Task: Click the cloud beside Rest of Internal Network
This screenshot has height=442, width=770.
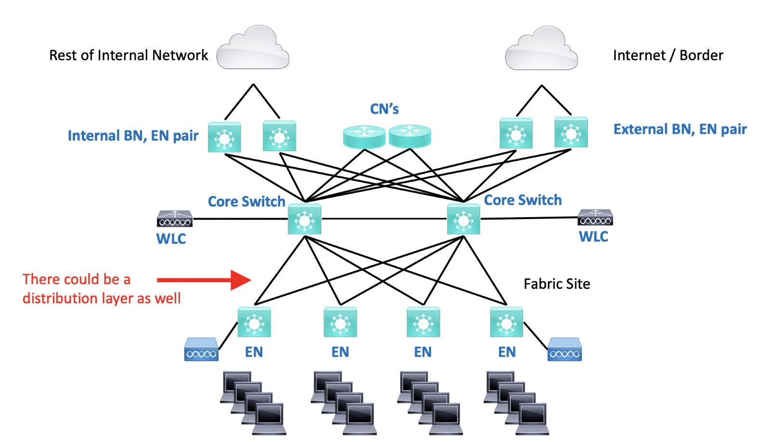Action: click(x=253, y=48)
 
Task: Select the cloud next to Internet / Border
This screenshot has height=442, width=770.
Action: click(x=541, y=49)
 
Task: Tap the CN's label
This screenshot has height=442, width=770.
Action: click(x=384, y=109)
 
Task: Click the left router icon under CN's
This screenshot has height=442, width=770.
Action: click(x=364, y=136)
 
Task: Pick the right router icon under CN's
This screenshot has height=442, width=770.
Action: click(x=410, y=136)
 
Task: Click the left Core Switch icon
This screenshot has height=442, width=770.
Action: click(x=304, y=220)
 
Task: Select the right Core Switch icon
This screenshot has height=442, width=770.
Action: click(x=463, y=220)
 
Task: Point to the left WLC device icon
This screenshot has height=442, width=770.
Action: click(x=175, y=219)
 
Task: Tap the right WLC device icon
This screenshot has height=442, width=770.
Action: click(x=595, y=218)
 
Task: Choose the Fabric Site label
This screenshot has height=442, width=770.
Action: click(x=557, y=284)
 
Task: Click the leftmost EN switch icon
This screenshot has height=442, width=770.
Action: click(x=254, y=322)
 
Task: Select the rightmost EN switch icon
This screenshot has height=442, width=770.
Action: click(x=506, y=322)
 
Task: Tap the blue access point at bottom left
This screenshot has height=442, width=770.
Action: click(x=201, y=350)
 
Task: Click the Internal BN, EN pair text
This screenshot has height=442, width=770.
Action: click(x=133, y=136)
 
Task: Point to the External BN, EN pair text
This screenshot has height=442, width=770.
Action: click(x=680, y=130)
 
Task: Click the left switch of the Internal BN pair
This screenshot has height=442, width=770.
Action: click(x=224, y=137)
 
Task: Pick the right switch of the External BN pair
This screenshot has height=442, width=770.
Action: click(x=571, y=132)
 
